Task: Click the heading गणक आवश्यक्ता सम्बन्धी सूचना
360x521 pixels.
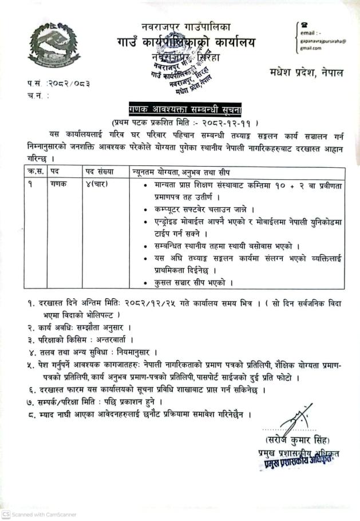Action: click(x=181, y=110)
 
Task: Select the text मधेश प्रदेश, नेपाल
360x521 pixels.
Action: click(x=304, y=73)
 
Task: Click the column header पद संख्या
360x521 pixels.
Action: click(x=100, y=171)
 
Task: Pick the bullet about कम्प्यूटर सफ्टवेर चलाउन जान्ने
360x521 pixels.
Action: click(x=207, y=210)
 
